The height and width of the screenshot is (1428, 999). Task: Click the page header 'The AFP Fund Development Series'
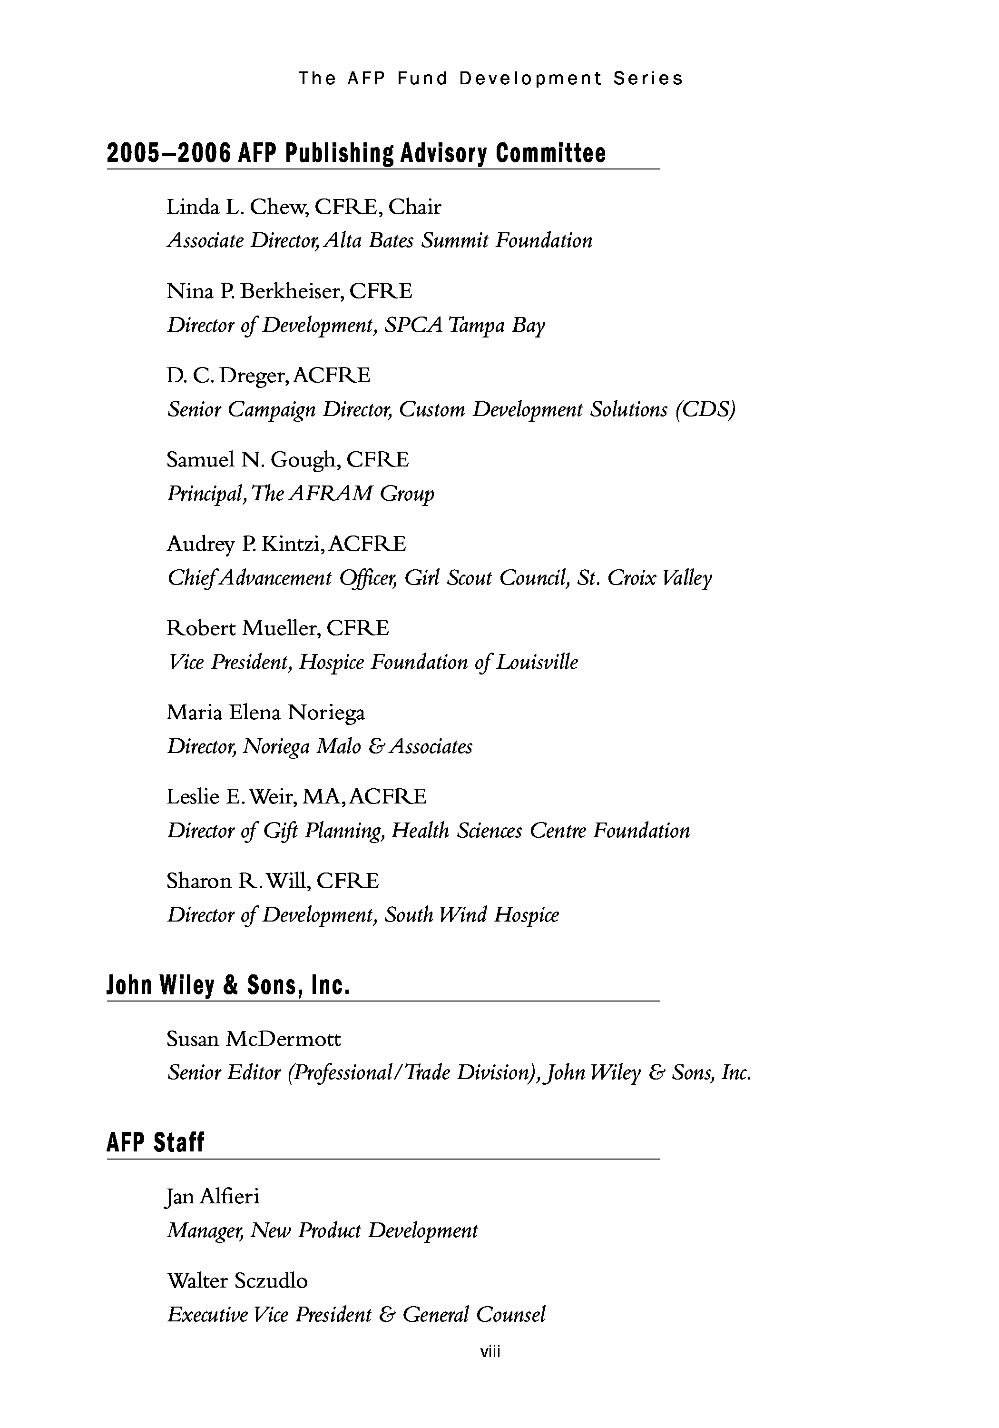(490, 79)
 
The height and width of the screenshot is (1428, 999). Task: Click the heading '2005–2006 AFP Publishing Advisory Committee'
(356, 153)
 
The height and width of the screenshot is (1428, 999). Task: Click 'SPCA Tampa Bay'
(464, 325)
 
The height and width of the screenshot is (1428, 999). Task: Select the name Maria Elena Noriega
(265, 712)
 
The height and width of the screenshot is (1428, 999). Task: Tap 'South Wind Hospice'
(471, 915)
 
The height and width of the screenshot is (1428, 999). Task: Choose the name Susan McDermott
(254, 1039)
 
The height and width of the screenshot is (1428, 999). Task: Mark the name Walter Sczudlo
(237, 1280)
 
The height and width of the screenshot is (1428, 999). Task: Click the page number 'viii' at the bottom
(490, 1351)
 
